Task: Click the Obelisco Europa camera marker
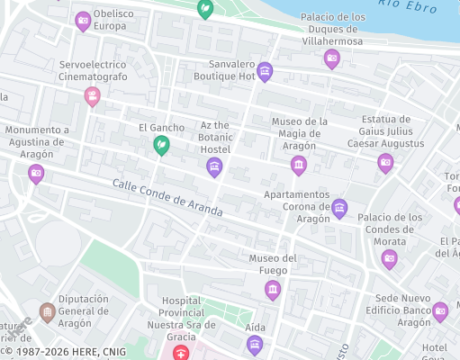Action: (x=83, y=20)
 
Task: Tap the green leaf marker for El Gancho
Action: (x=161, y=144)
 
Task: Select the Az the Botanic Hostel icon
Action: (x=214, y=166)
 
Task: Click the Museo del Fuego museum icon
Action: (x=273, y=288)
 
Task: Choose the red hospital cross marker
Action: (x=182, y=353)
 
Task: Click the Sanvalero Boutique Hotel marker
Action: (x=265, y=70)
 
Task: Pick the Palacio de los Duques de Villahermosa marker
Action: (x=331, y=58)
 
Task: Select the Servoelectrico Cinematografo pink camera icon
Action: (x=92, y=95)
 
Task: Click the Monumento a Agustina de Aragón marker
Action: (x=36, y=173)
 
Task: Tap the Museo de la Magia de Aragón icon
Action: (x=299, y=164)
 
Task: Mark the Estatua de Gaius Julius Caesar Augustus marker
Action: (x=385, y=162)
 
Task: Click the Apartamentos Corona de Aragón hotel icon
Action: (x=339, y=208)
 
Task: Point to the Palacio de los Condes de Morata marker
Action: (x=389, y=259)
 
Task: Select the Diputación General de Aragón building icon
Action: (x=47, y=312)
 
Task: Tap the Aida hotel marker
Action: (x=255, y=343)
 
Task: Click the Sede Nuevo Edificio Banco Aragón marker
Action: (x=440, y=310)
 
